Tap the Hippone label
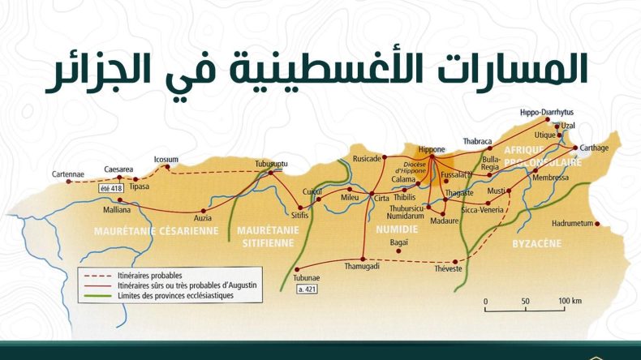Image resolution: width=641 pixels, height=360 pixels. [431, 149]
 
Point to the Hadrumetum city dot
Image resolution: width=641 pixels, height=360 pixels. [596, 224]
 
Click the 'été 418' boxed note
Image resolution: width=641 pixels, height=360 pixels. [110, 188]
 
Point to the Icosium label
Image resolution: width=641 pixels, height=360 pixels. [166, 160]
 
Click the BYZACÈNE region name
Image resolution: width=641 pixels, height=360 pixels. [537, 242]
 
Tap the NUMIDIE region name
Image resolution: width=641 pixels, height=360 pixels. [396, 230]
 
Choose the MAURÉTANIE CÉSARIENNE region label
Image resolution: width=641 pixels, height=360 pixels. [157, 230]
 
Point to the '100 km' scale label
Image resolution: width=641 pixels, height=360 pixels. [570, 302]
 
